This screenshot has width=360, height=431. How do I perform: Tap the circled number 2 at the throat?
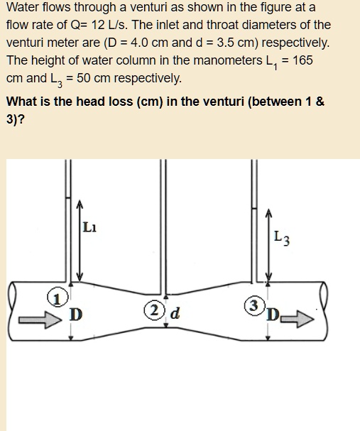152,310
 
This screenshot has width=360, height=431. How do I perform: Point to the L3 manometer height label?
281,240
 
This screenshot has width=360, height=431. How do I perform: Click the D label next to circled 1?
75,313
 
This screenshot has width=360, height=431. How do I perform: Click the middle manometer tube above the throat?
165,227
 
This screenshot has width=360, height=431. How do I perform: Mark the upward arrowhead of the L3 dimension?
268,212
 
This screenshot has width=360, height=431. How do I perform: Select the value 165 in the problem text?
302,60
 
